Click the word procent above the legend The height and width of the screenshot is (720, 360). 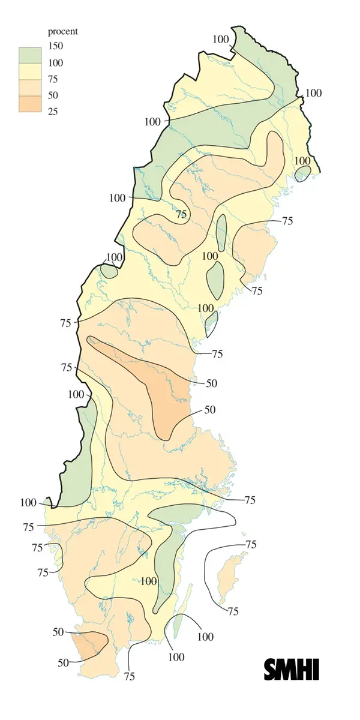point(63,31)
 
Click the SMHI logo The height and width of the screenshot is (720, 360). point(291,669)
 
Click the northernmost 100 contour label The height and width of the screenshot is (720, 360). point(221,39)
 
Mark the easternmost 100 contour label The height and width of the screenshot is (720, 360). point(313,93)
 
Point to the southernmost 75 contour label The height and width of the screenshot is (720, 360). point(129,676)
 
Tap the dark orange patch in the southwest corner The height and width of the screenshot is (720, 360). point(90,645)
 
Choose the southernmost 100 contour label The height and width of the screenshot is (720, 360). point(176,657)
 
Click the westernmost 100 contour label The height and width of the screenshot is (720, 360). point(28,503)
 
